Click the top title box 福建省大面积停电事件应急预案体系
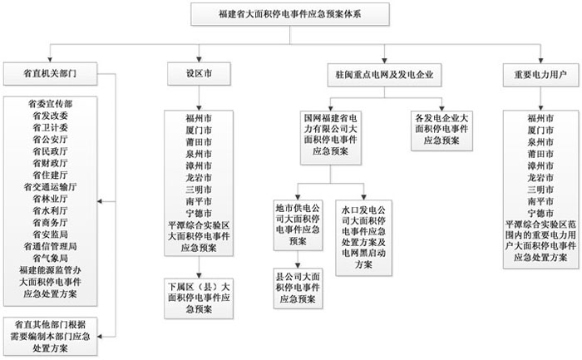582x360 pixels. coord(290,14)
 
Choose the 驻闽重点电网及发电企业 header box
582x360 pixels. coord(384,72)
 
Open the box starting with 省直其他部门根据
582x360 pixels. coord(52,333)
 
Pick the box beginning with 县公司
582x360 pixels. coord(298,286)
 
